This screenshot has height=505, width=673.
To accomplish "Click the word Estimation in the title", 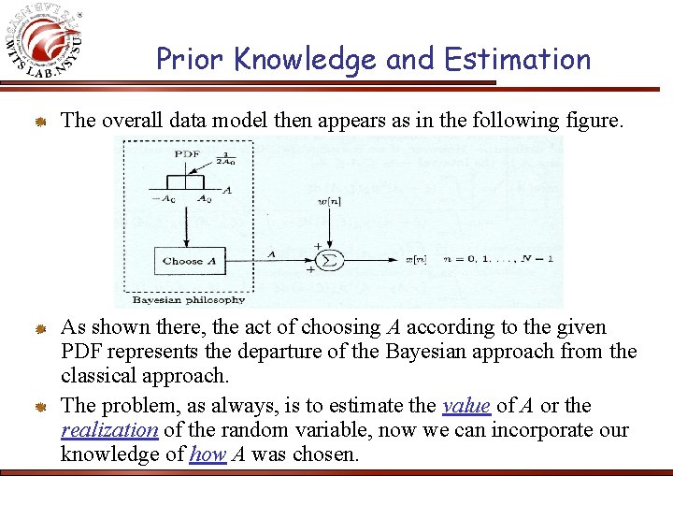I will point(518,59).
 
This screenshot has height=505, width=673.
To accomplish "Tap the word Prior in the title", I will point(191,59).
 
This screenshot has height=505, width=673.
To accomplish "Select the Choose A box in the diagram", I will point(189,261).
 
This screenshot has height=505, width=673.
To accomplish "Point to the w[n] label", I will point(328,201).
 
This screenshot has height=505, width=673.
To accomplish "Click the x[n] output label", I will point(415,259).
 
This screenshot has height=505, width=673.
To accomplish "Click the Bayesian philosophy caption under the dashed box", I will point(189,300).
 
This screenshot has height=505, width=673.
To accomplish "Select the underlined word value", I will point(465,406).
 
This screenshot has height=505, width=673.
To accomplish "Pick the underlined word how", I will point(208,454).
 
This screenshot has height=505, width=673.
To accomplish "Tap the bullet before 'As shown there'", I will point(41,328).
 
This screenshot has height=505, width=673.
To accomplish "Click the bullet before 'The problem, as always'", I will point(41,407).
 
